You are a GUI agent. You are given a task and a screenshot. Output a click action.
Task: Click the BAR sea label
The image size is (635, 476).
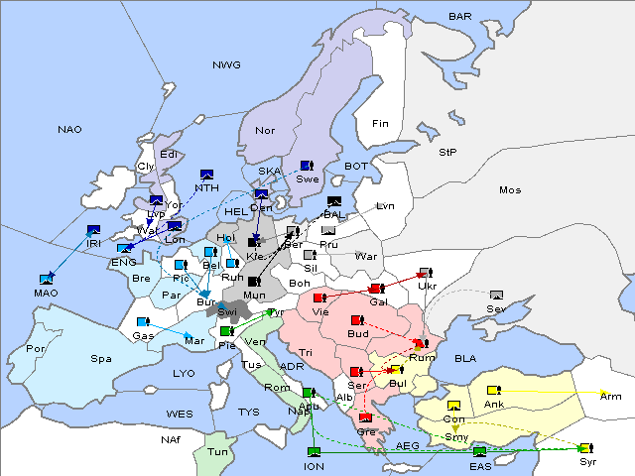coord(459,17)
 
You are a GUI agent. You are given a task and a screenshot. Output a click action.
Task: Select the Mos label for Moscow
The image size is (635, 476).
coord(510,189)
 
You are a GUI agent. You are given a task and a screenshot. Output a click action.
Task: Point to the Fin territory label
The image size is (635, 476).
coord(380,124)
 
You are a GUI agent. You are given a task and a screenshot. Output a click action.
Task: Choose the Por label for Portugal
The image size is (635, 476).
coord(36,349)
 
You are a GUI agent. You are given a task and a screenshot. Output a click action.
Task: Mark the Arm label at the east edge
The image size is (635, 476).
coord(610,396)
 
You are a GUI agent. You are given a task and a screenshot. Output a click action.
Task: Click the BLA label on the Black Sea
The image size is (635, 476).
coord(465,358)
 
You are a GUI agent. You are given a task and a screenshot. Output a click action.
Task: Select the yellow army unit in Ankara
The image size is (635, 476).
coord(493,390)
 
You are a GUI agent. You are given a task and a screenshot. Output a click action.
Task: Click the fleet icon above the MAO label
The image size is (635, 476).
coord(47,280)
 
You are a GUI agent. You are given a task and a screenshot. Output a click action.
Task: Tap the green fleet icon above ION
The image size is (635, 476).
coord(315,453)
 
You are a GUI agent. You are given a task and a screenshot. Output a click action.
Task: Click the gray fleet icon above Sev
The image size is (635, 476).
coord(496,296)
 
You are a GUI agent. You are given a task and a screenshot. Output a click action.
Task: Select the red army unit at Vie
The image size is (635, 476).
coord(319,297)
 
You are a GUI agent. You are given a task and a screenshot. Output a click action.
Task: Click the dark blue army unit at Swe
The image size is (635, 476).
coord(307,165)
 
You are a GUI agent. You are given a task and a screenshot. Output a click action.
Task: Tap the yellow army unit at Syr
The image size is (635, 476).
coord(585,448)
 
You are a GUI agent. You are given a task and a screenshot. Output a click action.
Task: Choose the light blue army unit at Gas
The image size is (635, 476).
coord(144,322)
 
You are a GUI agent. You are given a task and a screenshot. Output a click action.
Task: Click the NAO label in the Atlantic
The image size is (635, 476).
coord(69,130)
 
